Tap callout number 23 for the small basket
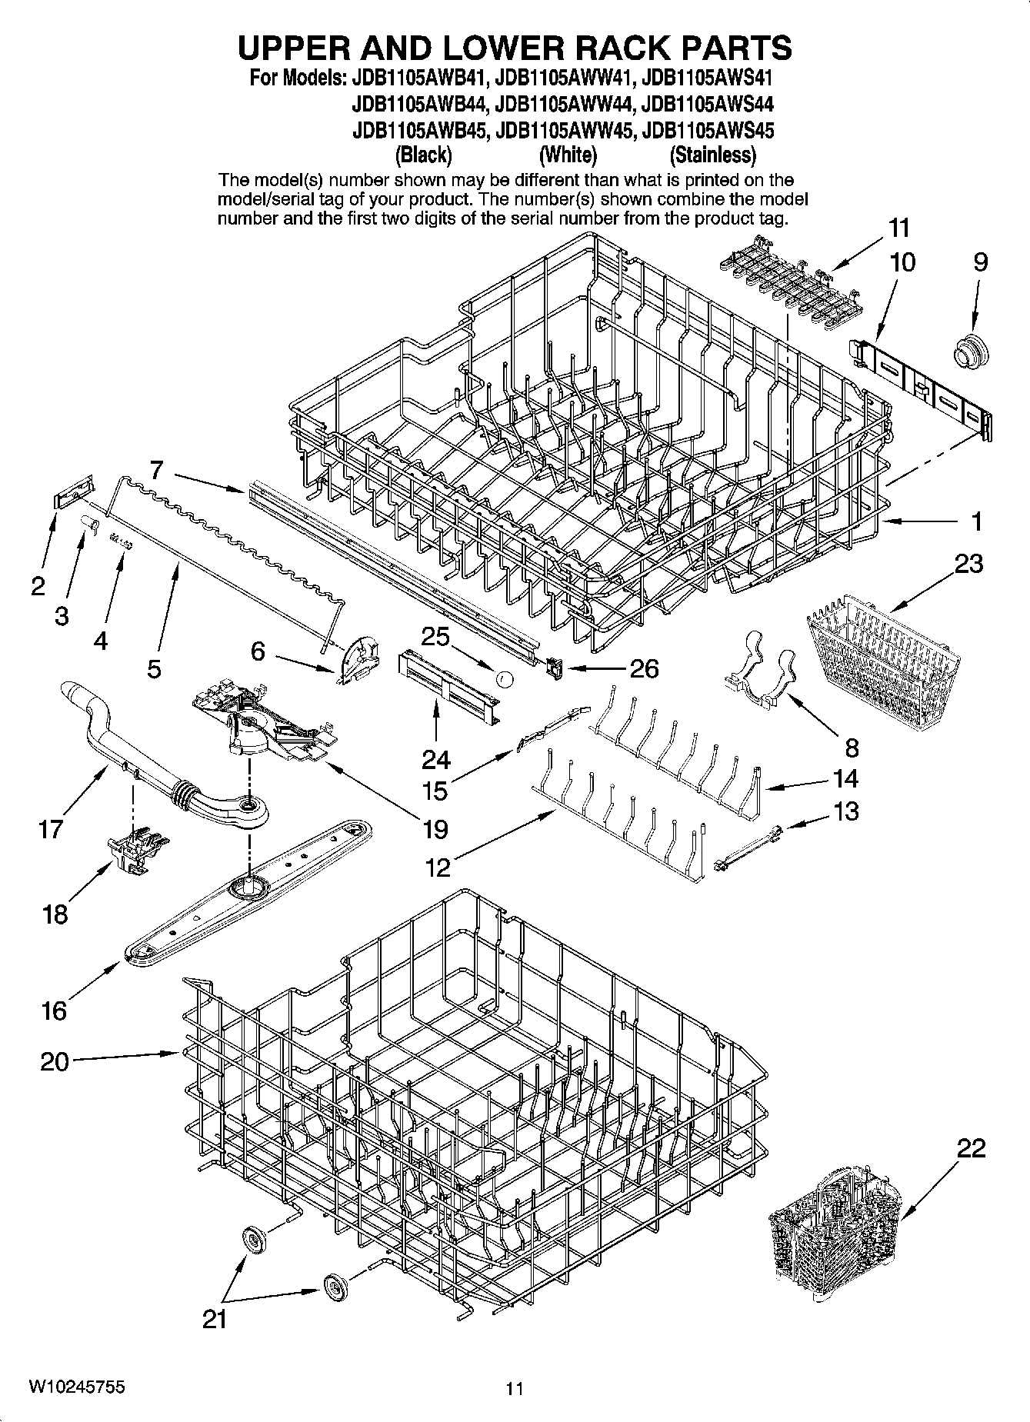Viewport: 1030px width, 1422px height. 968,564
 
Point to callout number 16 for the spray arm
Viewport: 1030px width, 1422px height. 54,1010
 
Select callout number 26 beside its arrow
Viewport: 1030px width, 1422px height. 643,668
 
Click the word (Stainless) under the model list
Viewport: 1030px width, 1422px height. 712,155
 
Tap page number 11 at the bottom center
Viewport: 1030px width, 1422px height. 515,1388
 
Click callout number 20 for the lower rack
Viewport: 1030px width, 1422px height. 54,1061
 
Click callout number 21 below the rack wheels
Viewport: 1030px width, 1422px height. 215,1319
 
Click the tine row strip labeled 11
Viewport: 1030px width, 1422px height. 775,287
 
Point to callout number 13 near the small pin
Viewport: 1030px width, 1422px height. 846,811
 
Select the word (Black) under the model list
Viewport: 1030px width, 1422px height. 423,155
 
